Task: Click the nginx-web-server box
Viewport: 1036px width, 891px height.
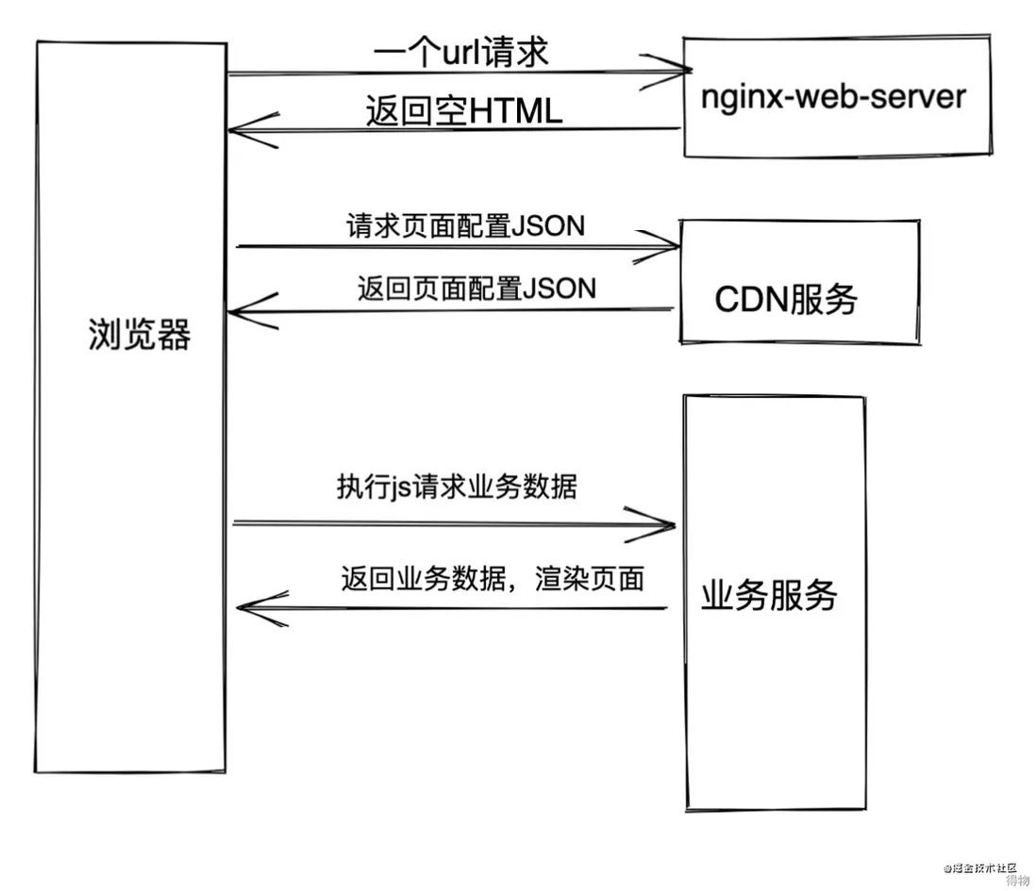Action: (836, 96)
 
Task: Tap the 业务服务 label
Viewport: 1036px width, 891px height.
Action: (770, 596)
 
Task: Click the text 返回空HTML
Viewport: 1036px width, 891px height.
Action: (464, 112)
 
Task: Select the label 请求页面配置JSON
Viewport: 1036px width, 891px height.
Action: (465, 226)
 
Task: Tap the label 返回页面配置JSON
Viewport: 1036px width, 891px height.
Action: (476, 288)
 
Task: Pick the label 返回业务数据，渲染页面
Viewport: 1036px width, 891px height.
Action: (493, 578)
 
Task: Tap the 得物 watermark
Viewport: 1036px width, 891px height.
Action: (1015, 881)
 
